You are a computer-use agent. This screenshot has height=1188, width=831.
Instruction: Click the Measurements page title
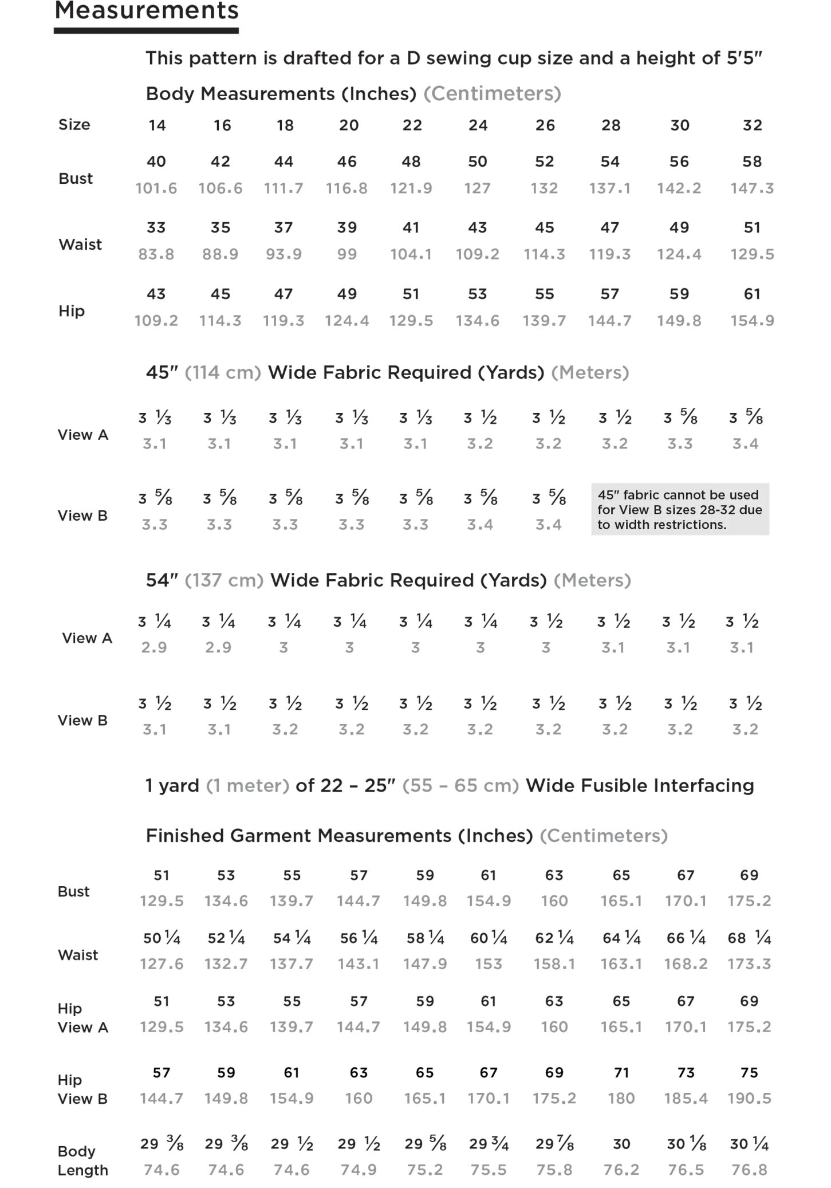[x=146, y=11]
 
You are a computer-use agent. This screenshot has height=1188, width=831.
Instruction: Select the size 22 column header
[x=412, y=125]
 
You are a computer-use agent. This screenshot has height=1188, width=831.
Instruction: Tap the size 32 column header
[x=752, y=125]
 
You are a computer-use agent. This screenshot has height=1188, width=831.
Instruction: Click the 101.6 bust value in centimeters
[x=156, y=188]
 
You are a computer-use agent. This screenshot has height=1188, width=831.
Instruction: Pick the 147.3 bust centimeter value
[x=752, y=188]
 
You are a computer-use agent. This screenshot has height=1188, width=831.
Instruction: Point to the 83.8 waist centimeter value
[x=156, y=254]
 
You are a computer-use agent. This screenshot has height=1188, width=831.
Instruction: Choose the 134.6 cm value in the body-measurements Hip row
[x=477, y=321]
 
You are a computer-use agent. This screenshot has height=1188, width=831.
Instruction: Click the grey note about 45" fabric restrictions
[x=680, y=509]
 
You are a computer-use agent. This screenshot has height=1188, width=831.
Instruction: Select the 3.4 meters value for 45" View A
[x=745, y=443]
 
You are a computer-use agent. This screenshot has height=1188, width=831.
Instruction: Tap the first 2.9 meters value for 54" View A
[x=154, y=647]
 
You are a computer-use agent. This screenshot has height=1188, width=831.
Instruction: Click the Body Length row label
[x=82, y=1161]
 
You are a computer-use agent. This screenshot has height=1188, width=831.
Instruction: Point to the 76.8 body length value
[x=749, y=1170]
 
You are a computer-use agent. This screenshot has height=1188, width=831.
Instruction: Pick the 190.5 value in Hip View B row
[x=749, y=1098]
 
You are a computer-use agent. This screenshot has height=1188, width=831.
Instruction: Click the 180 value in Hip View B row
[x=621, y=1098]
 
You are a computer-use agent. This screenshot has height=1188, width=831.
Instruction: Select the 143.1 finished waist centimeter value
[x=359, y=964]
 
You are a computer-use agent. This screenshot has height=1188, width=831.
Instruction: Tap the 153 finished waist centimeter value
[x=488, y=964]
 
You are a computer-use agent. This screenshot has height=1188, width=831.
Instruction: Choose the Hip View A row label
[x=82, y=1018]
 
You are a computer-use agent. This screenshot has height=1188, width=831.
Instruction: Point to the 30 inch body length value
[x=621, y=1144]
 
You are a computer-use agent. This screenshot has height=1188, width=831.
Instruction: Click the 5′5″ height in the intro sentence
[x=745, y=58]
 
